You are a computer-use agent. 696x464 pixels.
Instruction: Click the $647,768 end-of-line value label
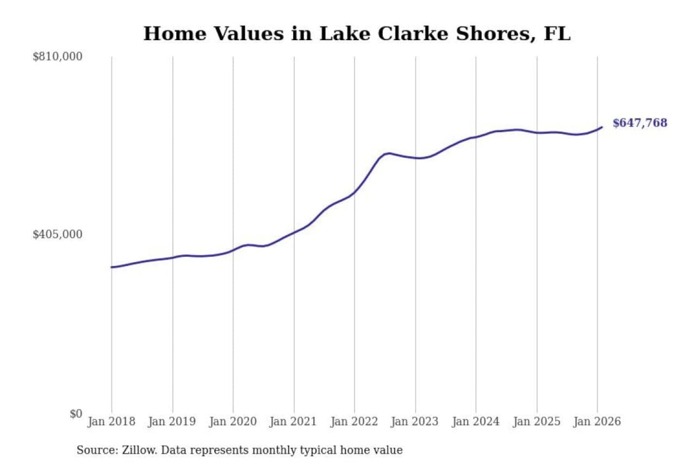click(639, 123)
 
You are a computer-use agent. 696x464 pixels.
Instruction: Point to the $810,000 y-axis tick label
click(58, 57)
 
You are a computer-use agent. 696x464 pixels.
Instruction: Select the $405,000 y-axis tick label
click(58, 234)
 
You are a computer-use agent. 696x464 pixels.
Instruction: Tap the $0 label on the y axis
click(75, 414)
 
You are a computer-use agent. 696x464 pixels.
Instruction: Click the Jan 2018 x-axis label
click(111, 421)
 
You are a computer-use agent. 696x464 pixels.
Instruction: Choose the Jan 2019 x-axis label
click(172, 421)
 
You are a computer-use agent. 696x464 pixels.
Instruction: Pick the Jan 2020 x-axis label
click(232, 421)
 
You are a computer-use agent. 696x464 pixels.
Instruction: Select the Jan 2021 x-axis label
click(293, 421)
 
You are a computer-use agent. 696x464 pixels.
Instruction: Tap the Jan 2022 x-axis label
click(354, 421)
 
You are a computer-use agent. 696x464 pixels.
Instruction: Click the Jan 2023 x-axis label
click(414, 421)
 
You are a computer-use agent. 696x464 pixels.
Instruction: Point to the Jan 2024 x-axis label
click(475, 421)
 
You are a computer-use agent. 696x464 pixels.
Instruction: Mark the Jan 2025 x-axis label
click(536, 421)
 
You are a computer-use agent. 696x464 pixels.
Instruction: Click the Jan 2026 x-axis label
click(596, 421)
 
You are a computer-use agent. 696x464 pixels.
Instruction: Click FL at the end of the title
click(557, 34)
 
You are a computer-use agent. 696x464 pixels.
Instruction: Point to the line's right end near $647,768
click(602, 127)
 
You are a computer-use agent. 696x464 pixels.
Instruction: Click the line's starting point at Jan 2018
click(112, 267)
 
